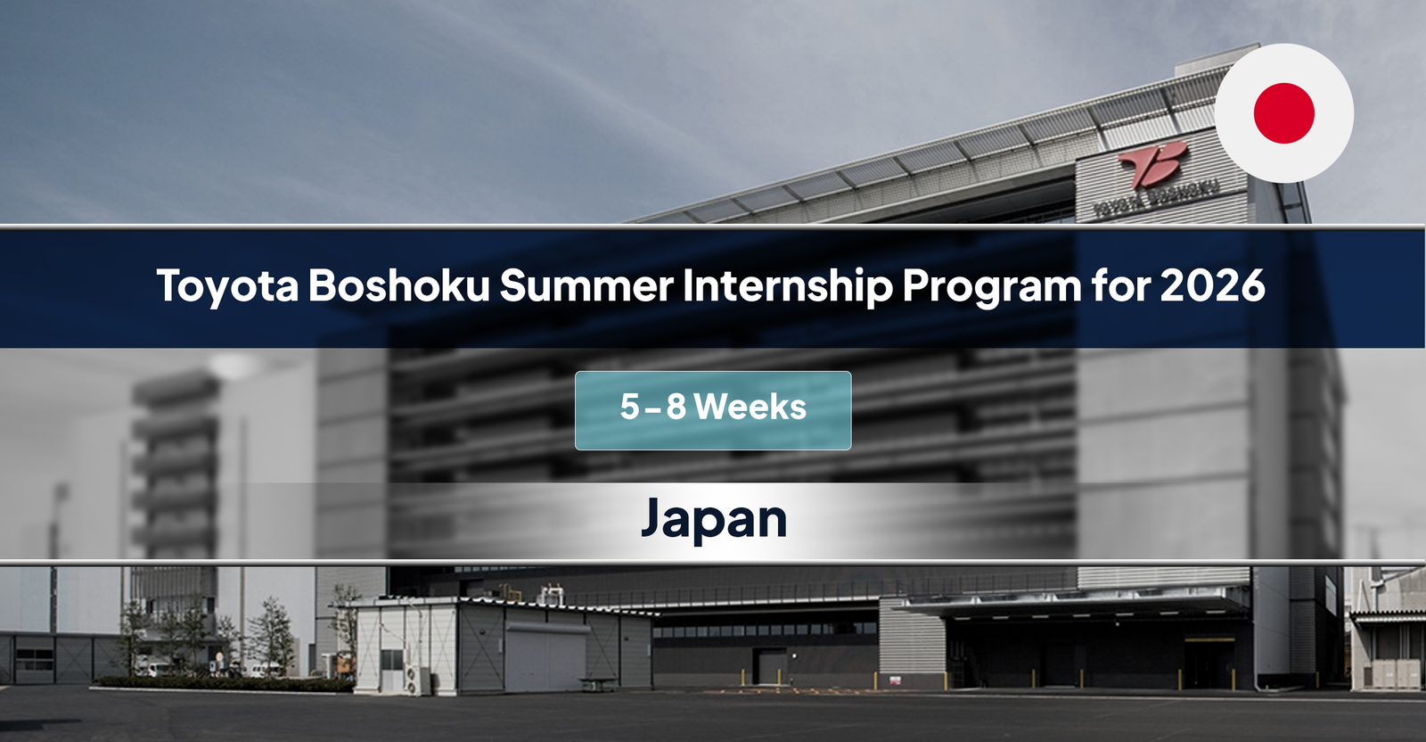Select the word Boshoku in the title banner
[x=399, y=285]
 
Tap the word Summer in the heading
[x=586, y=285]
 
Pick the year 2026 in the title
[x=1213, y=285]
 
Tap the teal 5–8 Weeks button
[x=713, y=410]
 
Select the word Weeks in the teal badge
[x=750, y=408]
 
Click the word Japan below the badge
[x=713, y=520]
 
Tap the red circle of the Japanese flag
[x=1283, y=113]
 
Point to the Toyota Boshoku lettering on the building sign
[x=1156, y=199]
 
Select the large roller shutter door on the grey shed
[x=545, y=660]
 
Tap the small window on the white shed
[x=390, y=660]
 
